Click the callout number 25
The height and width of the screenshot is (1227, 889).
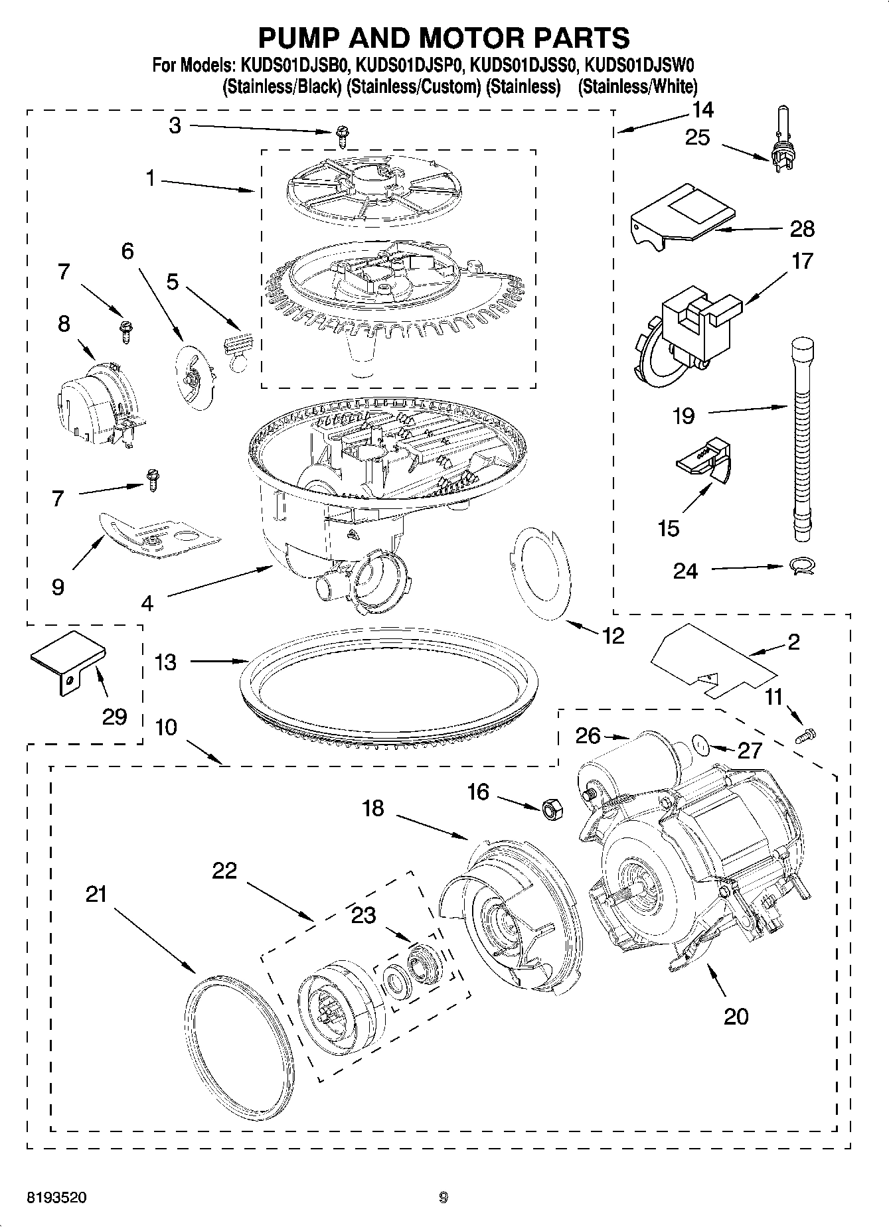point(697,138)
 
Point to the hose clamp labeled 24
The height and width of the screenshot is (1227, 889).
point(801,566)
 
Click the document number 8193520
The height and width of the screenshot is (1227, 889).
point(56,1198)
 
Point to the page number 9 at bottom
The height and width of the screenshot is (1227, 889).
point(444,1198)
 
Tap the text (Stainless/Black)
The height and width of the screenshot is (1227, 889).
point(282,86)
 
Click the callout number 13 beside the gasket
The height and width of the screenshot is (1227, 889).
point(165,662)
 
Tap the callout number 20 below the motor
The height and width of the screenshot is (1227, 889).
point(736,1016)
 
